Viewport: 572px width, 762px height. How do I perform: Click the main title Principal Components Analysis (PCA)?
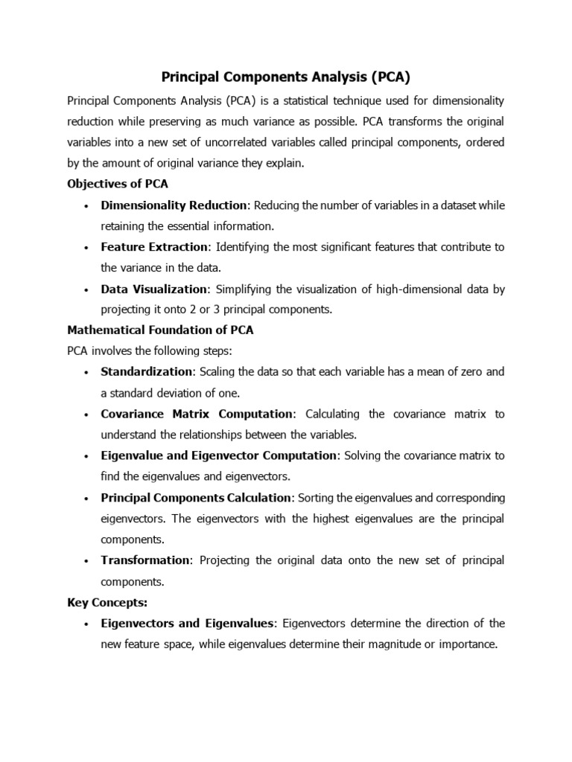(286, 76)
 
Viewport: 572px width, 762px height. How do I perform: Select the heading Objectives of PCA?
(118, 184)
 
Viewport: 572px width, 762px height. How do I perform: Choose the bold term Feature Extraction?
(154, 246)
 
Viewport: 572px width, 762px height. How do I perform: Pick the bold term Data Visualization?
(153, 289)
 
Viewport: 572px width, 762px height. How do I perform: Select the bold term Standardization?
(147, 371)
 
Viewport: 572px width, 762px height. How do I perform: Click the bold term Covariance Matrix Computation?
(197, 414)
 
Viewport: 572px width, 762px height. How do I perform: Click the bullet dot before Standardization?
(87, 372)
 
